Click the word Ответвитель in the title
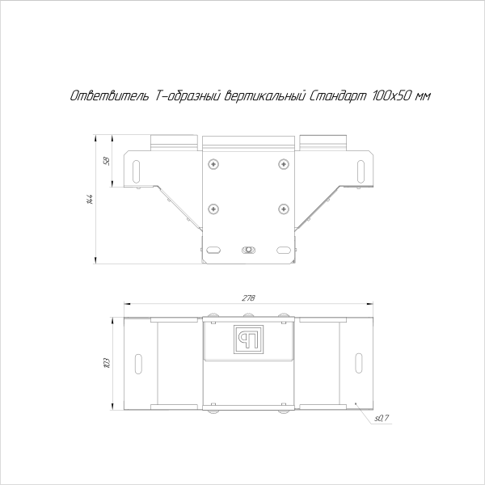point(106,96)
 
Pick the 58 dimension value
point(106,160)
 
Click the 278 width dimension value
point(248,299)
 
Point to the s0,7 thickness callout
point(382,418)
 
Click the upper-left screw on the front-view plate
point(213,165)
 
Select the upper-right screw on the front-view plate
point(283,165)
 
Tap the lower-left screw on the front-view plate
point(213,209)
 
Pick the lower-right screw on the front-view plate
point(283,209)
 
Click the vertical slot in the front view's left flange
point(136,170)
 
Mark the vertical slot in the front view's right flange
point(361,170)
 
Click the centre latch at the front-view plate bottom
point(249,250)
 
